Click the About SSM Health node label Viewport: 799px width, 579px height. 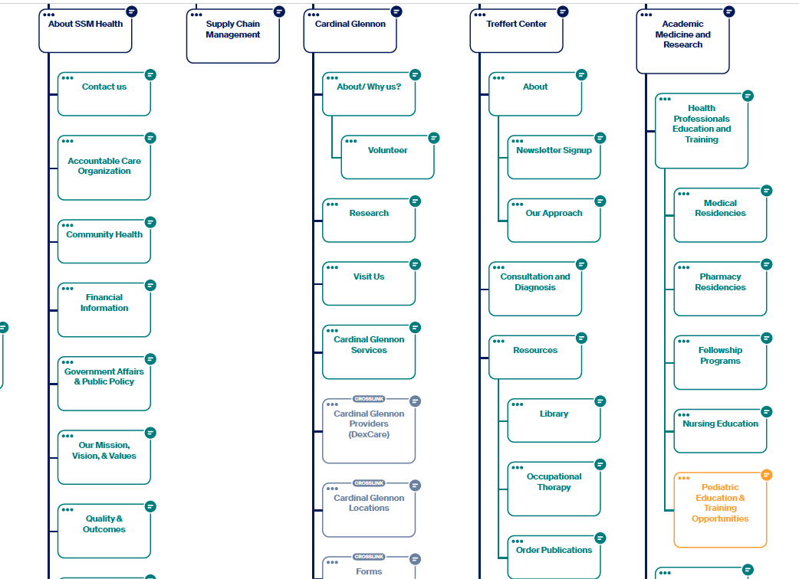click(x=86, y=24)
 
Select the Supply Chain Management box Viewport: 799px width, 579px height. click(x=233, y=36)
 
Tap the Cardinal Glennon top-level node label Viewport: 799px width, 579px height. click(x=350, y=24)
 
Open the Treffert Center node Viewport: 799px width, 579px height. click(x=516, y=31)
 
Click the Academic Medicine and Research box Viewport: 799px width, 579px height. click(x=682, y=41)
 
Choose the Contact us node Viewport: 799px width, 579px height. click(x=104, y=94)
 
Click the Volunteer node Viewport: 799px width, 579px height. click(x=387, y=157)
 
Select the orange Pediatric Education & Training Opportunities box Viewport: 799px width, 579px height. click(x=720, y=510)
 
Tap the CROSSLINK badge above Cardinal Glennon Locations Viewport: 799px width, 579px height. click(x=369, y=483)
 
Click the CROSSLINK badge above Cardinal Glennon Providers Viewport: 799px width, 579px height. click(x=369, y=399)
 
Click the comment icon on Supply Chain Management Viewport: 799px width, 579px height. click(x=279, y=11)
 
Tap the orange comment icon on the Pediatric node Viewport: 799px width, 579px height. click(x=766, y=475)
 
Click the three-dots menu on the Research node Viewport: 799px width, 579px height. click(x=332, y=204)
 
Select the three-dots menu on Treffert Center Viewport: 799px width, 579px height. click(x=479, y=15)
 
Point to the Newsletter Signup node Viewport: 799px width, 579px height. click(x=554, y=157)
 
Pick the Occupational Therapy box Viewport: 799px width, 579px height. click(x=554, y=489)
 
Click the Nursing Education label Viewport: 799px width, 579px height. click(x=720, y=424)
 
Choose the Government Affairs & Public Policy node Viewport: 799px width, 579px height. click(x=104, y=384)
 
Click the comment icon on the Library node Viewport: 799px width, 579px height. click(x=600, y=401)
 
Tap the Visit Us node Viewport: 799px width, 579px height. click(x=369, y=283)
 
